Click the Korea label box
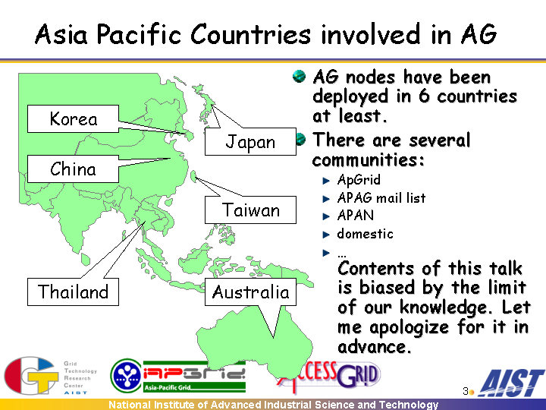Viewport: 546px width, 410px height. pos(73,119)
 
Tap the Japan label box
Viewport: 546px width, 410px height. pos(250,141)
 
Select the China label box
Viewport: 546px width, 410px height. pos(73,169)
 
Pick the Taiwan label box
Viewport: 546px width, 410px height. pos(250,210)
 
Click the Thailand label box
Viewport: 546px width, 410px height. pos(73,292)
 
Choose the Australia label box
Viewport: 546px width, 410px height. pos(250,292)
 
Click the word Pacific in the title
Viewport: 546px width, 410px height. pos(139,34)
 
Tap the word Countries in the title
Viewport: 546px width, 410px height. pos(250,34)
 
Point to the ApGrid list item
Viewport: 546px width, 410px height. pos(359,180)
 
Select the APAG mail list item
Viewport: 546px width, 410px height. pos(381,197)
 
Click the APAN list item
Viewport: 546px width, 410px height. pos(355,216)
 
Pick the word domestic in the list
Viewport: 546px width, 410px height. pos(365,234)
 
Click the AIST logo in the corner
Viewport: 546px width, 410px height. pos(511,383)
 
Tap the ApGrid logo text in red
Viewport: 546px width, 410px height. pos(194,374)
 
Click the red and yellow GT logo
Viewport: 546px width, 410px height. pos(31,375)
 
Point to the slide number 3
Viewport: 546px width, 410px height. pos(465,391)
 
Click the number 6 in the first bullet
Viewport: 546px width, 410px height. pos(424,96)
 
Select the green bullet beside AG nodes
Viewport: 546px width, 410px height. pos(299,77)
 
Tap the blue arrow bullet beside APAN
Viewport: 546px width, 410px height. pos(326,216)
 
